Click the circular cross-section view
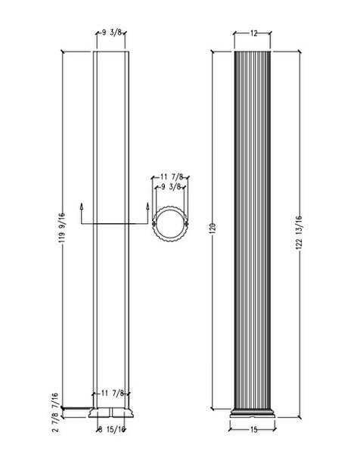click(x=169, y=222)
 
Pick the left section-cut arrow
click(x=81, y=206)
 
